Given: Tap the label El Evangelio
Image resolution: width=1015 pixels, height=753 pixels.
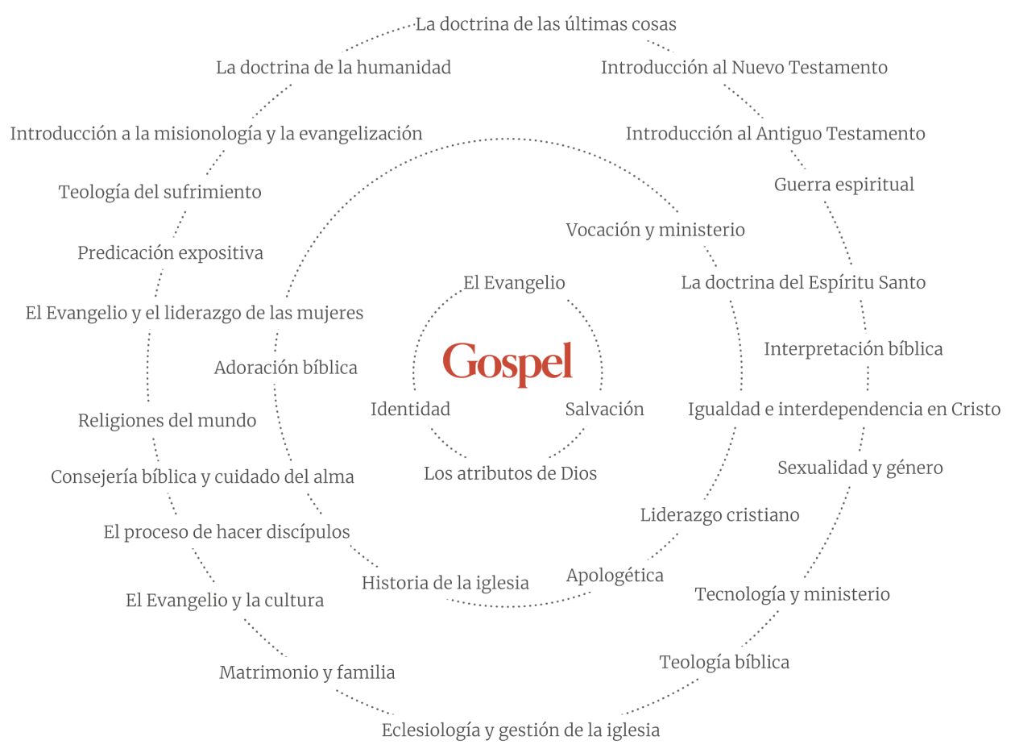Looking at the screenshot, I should coord(514,283).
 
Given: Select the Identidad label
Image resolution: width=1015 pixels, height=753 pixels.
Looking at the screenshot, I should coord(410,410).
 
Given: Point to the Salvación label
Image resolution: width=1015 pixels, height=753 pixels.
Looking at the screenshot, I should coord(604,410).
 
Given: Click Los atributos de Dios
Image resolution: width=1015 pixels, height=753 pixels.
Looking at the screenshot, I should coord(511,474).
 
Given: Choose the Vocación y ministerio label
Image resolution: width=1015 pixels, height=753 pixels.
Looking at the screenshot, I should coord(655,231).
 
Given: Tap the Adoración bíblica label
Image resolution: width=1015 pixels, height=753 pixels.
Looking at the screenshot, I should coord(285,368).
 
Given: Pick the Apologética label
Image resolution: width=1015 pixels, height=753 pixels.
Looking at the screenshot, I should coord(615,576).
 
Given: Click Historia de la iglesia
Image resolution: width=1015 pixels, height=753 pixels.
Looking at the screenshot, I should coord(445,583).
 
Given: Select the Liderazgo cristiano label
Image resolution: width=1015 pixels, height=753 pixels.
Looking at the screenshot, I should coord(719,515).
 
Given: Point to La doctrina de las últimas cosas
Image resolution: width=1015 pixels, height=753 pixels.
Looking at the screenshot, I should coord(545,24).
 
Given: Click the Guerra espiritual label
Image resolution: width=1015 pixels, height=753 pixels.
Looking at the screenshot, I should coord(843,185).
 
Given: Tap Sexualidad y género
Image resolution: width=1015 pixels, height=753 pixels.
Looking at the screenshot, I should coord(860,468).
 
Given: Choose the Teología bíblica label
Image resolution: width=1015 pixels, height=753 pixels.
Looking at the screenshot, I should coord(724,663).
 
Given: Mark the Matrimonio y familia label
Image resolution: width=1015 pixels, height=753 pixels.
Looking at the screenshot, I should coord(307,672).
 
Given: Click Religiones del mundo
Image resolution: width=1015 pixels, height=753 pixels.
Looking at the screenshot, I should coord(167,421).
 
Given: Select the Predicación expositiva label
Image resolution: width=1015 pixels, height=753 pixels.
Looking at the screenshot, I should coord(170,253).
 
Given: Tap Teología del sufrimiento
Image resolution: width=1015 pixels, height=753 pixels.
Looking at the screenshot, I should coord(159,193).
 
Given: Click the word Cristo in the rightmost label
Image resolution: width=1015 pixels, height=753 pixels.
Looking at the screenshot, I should coord(975,410).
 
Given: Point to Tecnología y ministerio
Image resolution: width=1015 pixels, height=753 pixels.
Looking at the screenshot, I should coord(792,595).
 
